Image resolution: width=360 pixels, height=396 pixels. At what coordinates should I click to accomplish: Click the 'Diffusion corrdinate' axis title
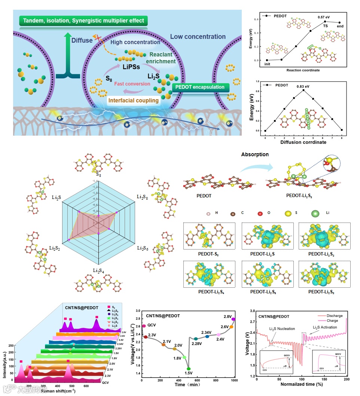303,143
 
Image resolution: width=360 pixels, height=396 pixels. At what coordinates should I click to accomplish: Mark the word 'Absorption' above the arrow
255,154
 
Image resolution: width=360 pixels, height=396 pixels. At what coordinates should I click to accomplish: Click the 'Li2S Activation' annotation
324,327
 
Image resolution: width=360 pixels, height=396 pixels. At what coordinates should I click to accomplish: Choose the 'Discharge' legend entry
334,316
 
